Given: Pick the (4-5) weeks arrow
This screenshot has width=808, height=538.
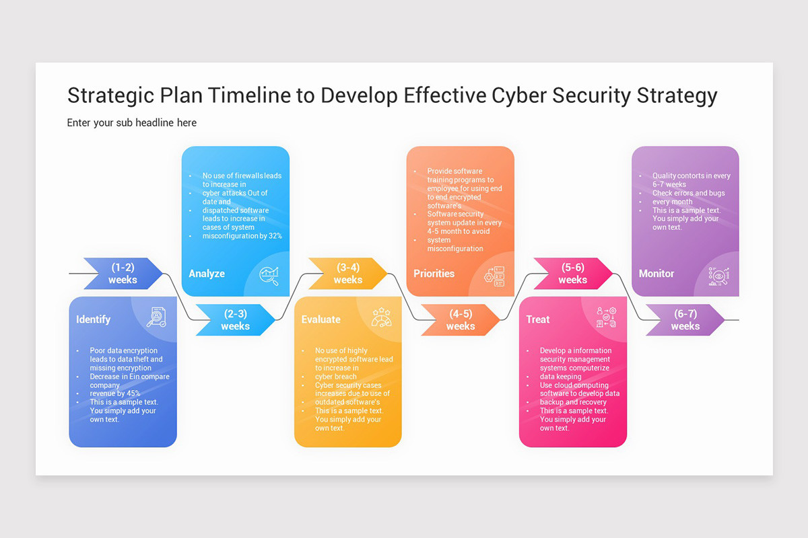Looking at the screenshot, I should [x=461, y=320].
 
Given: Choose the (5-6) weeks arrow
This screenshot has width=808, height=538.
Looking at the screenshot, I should [x=572, y=274].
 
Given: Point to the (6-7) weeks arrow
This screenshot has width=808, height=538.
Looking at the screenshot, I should [x=685, y=320].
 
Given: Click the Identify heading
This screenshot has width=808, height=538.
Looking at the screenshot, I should [x=94, y=319].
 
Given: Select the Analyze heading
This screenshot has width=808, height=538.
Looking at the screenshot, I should [x=207, y=274].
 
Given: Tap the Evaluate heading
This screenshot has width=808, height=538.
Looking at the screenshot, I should [x=321, y=319].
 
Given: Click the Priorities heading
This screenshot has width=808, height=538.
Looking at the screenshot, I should [x=434, y=274].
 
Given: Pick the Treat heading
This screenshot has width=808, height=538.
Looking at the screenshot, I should [x=538, y=319].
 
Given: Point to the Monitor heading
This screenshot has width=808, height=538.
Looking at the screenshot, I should [x=656, y=274].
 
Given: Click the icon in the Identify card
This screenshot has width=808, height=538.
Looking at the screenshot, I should [x=156, y=317].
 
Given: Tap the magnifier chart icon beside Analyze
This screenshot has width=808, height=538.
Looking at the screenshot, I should [x=269, y=276].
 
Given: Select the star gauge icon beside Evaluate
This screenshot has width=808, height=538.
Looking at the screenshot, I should [x=381, y=317].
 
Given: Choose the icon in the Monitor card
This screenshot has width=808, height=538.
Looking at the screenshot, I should [x=719, y=276].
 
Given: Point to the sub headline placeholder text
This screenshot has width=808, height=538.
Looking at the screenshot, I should [x=132, y=122].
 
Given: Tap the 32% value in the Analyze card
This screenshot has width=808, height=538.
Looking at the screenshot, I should [x=275, y=236].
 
